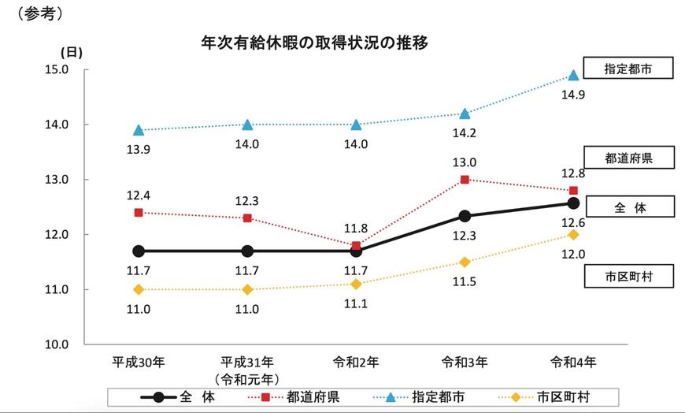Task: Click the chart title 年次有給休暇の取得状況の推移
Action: tap(314, 43)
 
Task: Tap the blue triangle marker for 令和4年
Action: tap(573, 75)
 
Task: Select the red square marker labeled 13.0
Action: tap(465, 180)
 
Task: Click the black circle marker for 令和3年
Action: tap(465, 216)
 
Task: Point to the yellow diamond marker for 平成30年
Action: tap(139, 289)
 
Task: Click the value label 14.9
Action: tap(572, 95)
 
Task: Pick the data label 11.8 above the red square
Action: tap(356, 227)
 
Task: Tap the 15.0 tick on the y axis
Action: tap(58, 69)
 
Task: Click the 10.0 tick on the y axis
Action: tap(58, 344)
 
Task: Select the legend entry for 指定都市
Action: tap(412, 396)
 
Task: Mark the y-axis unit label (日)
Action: tap(72, 52)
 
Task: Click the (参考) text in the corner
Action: tap(35, 14)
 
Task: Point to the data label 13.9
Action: tap(139, 150)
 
